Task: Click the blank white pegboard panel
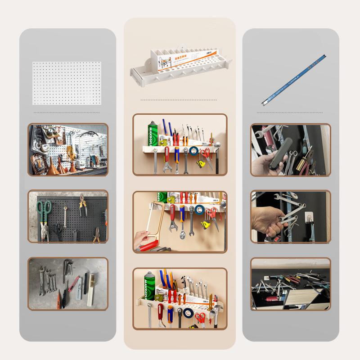(x=67, y=83)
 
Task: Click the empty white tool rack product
(x=180, y=63)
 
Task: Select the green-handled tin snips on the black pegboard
(x=44, y=214)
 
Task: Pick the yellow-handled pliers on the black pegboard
(x=82, y=205)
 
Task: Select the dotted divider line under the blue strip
(x=290, y=112)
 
